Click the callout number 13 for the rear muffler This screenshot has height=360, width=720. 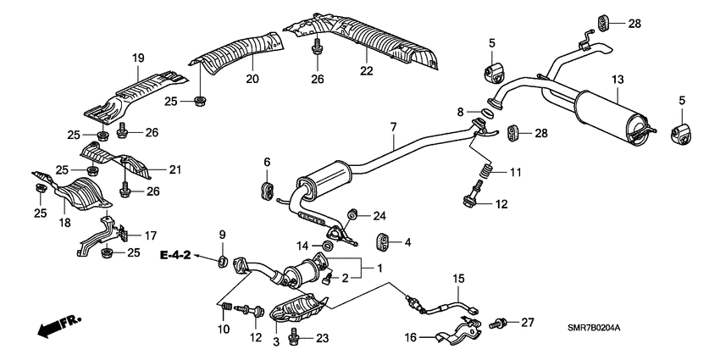(618, 79)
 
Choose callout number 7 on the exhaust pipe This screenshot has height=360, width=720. (393, 127)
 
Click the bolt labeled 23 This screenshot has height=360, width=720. (295, 337)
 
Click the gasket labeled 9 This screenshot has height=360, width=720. (223, 258)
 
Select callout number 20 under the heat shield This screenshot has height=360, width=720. (251, 79)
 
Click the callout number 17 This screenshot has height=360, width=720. (150, 235)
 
